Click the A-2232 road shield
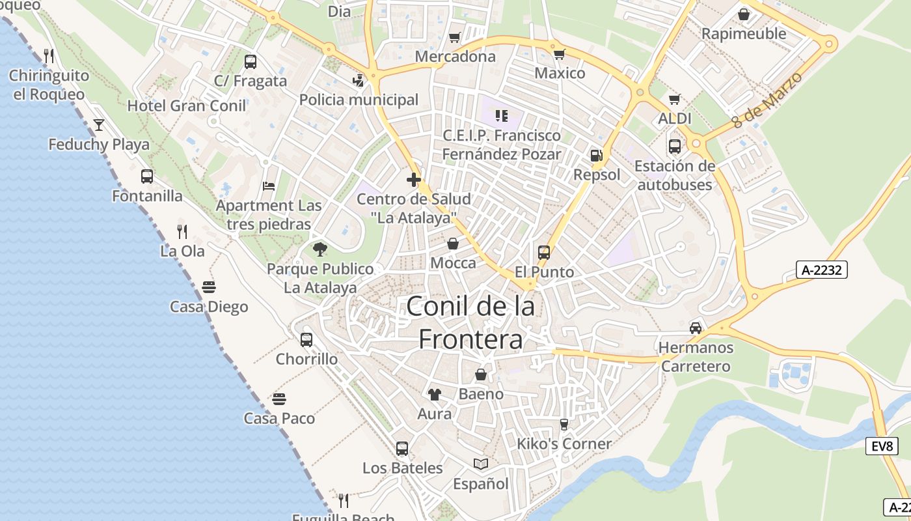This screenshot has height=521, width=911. click(822, 270)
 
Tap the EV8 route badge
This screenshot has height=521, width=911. click(882, 446)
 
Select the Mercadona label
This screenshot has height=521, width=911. click(455, 57)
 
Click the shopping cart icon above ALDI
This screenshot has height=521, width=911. click(675, 100)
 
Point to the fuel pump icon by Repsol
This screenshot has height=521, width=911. click(596, 156)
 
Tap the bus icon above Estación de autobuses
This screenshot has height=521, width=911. click(675, 146)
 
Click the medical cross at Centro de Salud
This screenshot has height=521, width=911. click(414, 179)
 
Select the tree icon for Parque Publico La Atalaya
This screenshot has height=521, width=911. click(320, 249)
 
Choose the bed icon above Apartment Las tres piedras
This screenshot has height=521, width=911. click(269, 186)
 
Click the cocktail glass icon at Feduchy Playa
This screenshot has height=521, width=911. click(99, 124)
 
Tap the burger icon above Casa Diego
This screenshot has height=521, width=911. click(209, 287)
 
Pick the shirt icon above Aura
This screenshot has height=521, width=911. click(434, 394)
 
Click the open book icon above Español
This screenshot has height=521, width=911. click(481, 464)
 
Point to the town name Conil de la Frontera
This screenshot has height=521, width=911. click(470, 322)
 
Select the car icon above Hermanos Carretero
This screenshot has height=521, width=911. click(696, 328)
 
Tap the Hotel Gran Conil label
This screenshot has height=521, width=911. click(187, 106)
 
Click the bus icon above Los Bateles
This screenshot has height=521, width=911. click(402, 448)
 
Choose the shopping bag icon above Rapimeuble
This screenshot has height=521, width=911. click(744, 14)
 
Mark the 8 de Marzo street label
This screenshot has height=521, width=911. click(767, 100)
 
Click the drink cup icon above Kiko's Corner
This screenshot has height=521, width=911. click(564, 425)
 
